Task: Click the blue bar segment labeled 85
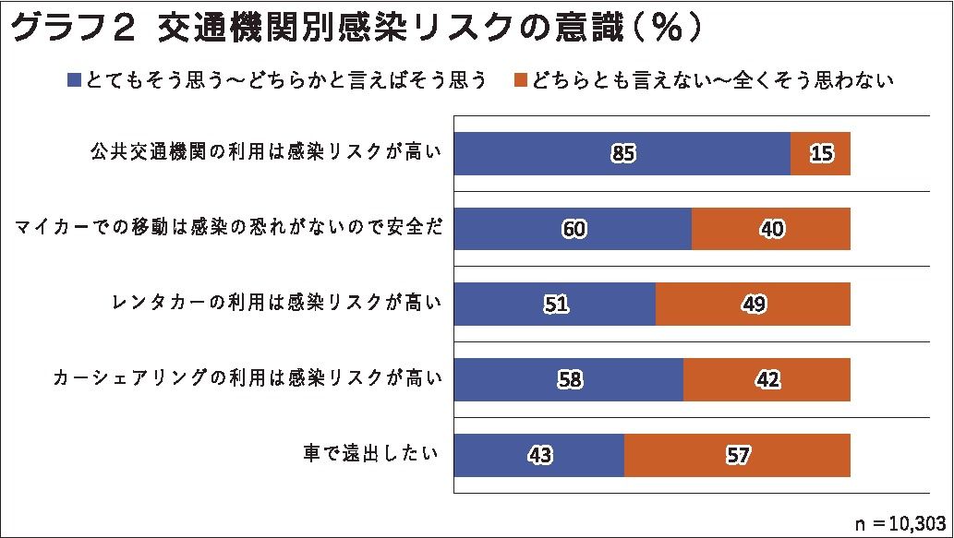coord(622,153)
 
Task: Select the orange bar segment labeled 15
coord(820,153)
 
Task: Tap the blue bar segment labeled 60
coord(573,229)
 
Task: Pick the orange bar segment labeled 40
coord(770,229)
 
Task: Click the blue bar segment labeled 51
coord(555,305)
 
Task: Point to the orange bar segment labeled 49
coord(753,305)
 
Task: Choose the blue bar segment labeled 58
coord(569,379)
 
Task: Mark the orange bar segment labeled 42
coord(767,379)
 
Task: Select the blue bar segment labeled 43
coord(539,455)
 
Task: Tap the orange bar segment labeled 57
coord(737,455)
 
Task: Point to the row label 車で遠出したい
coord(368,454)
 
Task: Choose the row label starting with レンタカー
coord(275,304)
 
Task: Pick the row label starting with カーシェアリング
coord(248,378)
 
